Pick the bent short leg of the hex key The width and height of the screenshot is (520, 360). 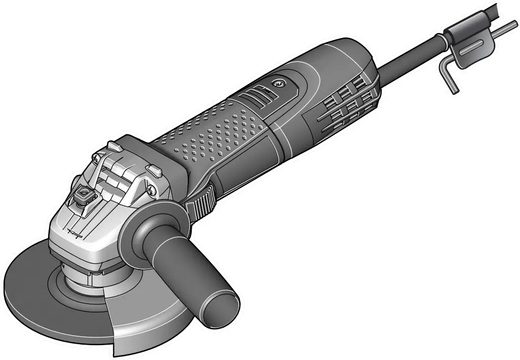pyautogui.click(x=450, y=79)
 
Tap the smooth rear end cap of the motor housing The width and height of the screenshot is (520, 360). pyautogui.click(x=346, y=54)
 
